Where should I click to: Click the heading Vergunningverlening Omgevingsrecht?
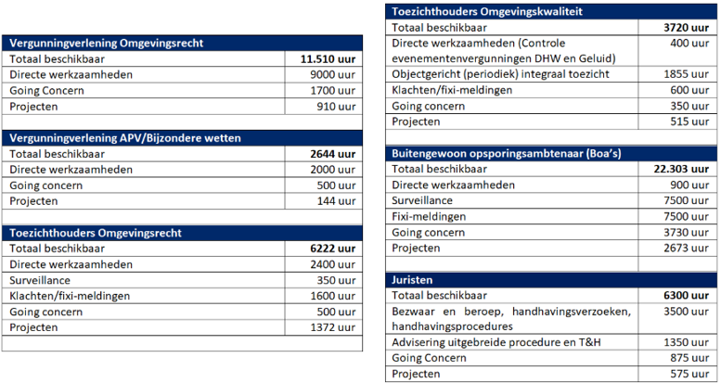click(x=107, y=43)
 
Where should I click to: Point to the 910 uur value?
click(x=336, y=107)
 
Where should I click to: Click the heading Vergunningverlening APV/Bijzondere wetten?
click(x=124, y=137)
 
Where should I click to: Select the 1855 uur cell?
click(x=690, y=73)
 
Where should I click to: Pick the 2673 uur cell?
click(x=690, y=248)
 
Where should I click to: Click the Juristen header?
click(x=415, y=279)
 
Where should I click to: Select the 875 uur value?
click(x=693, y=358)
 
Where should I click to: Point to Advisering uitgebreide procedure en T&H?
click(x=496, y=342)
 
